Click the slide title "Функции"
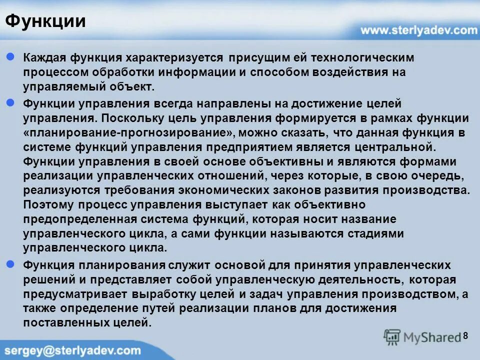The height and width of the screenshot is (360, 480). (x=45, y=21)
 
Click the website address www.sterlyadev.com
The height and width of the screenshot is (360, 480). (x=419, y=30)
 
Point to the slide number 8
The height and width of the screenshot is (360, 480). (x=466, y=335)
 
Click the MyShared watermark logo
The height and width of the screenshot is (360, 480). (x=422, y=337)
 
